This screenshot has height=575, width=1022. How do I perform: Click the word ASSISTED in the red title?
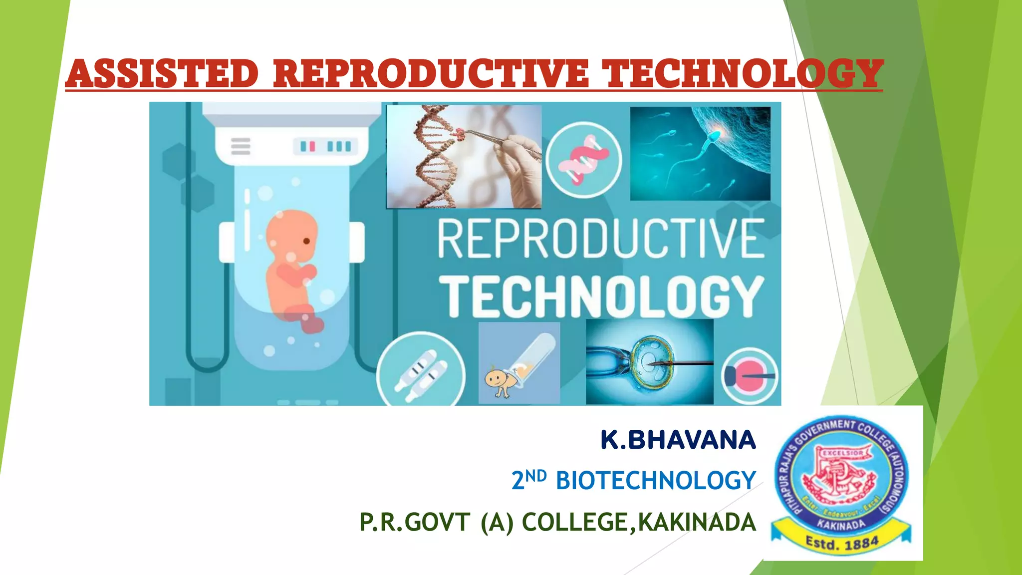162,73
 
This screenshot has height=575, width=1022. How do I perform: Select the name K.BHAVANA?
678,440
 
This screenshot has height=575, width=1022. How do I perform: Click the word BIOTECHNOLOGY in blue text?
656,481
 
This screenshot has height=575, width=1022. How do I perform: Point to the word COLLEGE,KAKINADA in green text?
639,523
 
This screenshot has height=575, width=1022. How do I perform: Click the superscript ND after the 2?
536,476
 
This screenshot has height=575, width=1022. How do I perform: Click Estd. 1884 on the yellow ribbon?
842,543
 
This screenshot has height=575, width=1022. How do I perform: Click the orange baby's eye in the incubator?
306,241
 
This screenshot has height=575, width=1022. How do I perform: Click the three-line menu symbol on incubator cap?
241,146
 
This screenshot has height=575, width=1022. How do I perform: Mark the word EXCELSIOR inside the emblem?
843,453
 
